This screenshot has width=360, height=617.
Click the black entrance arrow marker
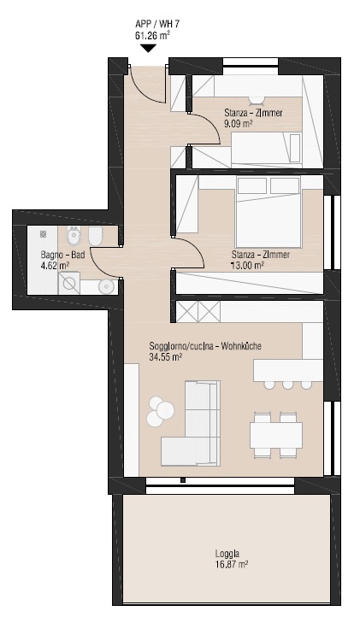point(148,49)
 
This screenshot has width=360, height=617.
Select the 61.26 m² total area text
point(152,36)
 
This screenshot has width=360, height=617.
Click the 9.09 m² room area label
point(238,124)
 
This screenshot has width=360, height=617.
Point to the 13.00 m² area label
point(247,266)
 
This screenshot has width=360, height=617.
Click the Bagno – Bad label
point(62,255)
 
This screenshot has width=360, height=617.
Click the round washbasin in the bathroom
point(106,285)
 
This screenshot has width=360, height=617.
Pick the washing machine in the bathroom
point(69,283)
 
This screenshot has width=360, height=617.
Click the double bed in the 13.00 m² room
point(268,212)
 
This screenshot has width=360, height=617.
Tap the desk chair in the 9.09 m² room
point(257,100)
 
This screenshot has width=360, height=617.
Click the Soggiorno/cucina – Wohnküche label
point(205,346)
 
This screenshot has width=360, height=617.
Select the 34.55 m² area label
point(165,357)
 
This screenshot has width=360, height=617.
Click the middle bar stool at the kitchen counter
point(287,385)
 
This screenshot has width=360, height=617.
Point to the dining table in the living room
point(276,435)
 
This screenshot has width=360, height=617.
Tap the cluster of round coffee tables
point(159,411)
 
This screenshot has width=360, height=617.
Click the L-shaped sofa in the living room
point(191,422)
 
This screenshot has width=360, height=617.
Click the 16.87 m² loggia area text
point(232,565)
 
